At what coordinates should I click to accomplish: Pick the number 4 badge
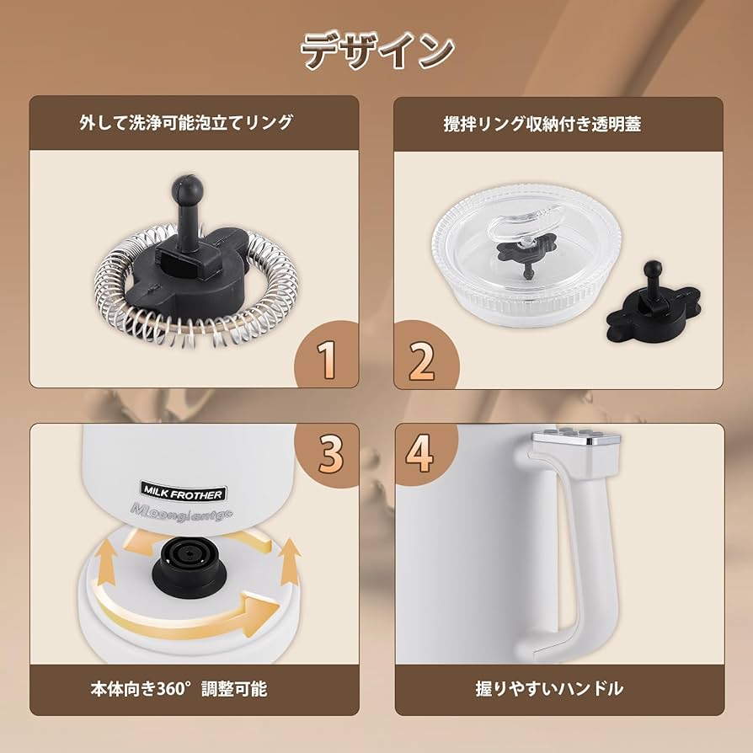click(x=420, y=452)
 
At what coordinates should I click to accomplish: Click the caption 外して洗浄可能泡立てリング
click(x=186, y=123)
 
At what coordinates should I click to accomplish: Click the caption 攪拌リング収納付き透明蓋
click(x=542, y=124)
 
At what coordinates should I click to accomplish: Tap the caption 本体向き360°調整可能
click(x=179, y=688)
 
